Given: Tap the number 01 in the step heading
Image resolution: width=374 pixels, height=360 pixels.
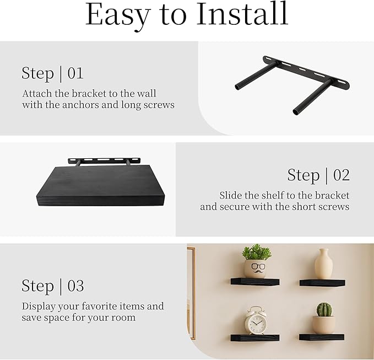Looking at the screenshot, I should [75, 73].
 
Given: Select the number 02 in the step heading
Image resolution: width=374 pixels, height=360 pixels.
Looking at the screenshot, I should [342, 175].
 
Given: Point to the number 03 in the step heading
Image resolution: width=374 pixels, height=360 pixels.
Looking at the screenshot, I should [75, 286].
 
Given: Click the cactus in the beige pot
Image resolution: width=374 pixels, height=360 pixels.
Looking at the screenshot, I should [324, 309].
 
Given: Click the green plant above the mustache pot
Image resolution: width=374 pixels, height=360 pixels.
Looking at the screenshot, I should [256, 252].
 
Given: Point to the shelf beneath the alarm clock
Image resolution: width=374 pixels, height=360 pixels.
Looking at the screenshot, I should [255, 337].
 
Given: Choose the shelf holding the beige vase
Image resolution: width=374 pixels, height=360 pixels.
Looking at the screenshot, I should [322, 282].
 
